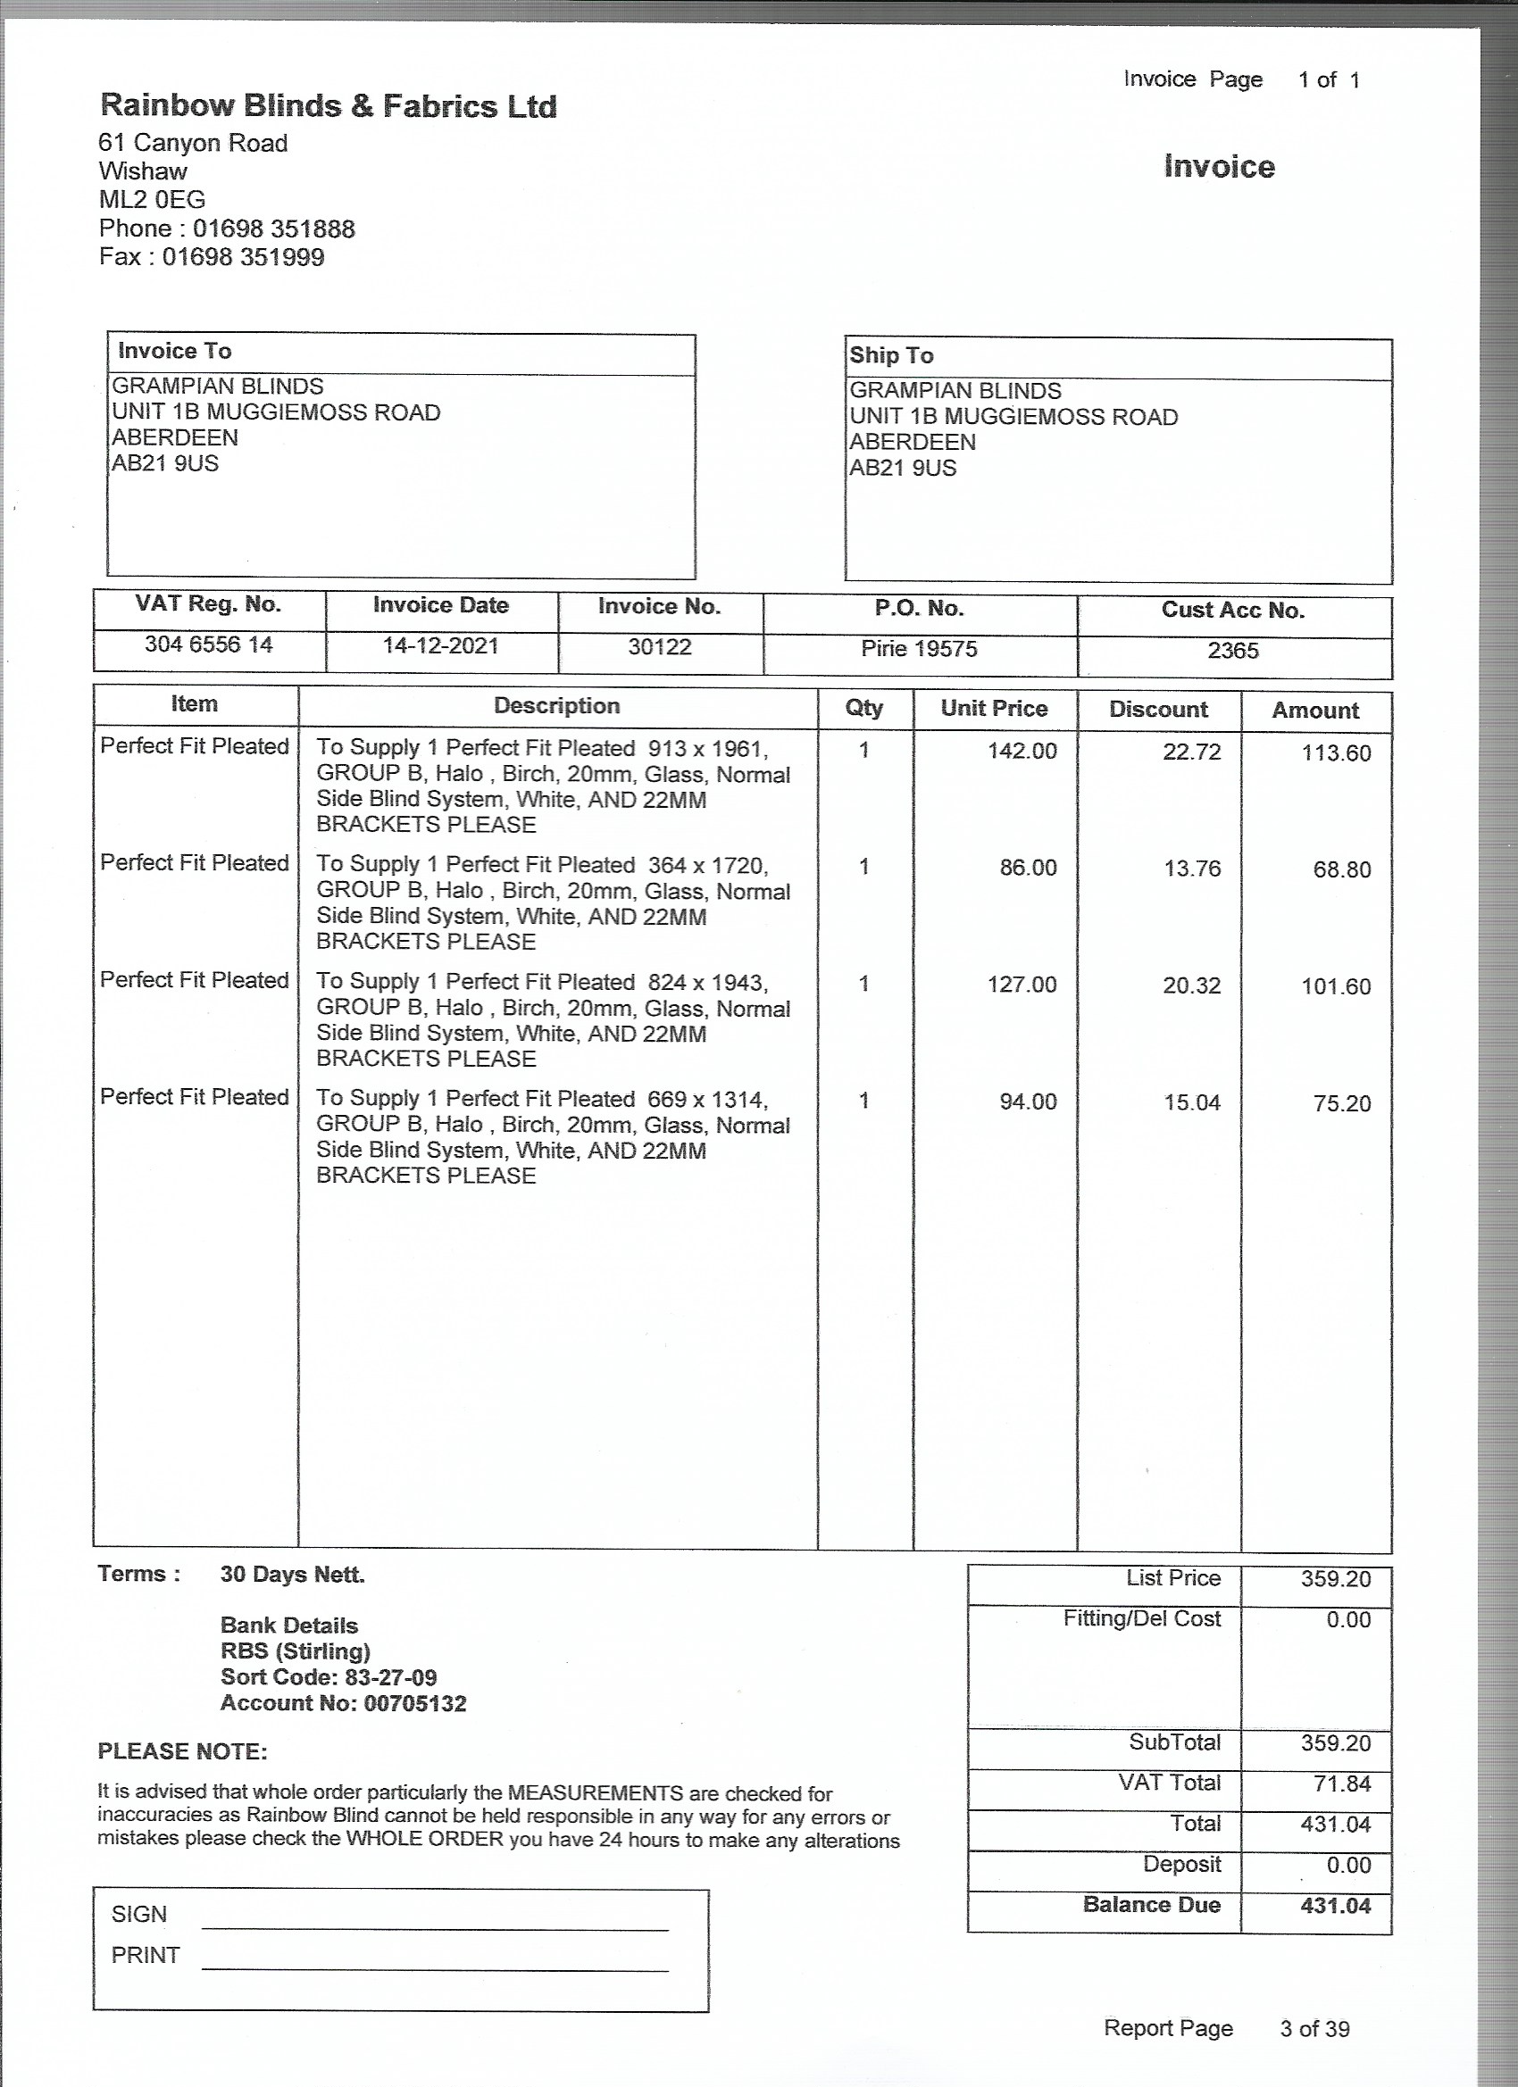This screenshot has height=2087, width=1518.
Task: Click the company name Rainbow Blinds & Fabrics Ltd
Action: [328, 106]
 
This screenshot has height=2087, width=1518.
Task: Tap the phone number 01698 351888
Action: [273, 229]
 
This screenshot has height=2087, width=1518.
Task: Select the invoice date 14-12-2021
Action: [440, 646]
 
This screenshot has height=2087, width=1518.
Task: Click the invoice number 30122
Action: [659, 647]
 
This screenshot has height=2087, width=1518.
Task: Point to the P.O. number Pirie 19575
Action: [919, 649]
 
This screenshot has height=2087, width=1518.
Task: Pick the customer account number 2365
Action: [1232, 651]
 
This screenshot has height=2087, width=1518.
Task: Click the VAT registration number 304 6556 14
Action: [208, 644]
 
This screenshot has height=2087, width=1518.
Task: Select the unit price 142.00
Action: [1022, 751]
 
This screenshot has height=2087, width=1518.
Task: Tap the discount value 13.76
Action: [1191, 869]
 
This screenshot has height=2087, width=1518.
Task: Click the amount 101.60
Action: [1336, 986]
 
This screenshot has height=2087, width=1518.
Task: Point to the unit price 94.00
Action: [1028, 1102]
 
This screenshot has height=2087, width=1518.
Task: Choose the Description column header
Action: [557, 706]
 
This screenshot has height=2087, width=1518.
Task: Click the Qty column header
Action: [863, 708]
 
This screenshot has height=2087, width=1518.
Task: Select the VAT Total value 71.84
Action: [1342, 1784]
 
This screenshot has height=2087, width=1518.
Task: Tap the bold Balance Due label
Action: [1151, 1904]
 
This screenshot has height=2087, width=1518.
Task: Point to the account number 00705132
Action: [415, 1703]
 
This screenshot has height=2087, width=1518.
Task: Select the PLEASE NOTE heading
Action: [182, 1751]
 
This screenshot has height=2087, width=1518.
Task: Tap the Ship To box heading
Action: [891, 355]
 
